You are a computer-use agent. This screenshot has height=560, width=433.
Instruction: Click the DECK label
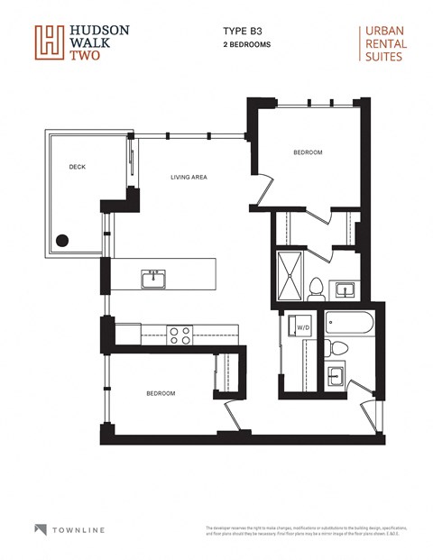point(77,167)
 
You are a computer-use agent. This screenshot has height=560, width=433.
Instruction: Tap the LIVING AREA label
point(189,177)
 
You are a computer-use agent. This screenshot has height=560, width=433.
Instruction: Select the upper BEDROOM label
point(308,152)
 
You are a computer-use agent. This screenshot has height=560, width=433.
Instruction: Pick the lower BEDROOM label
point(161,393)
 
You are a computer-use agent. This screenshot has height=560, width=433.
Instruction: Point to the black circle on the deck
point(63,240)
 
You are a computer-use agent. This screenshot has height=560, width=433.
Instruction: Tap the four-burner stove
point(180,335)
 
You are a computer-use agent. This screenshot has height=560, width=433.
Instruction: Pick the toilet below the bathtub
point(339,347)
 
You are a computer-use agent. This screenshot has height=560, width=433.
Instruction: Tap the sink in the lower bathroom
point(336,374)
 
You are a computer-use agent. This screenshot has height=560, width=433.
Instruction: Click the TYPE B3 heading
point(238,31)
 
